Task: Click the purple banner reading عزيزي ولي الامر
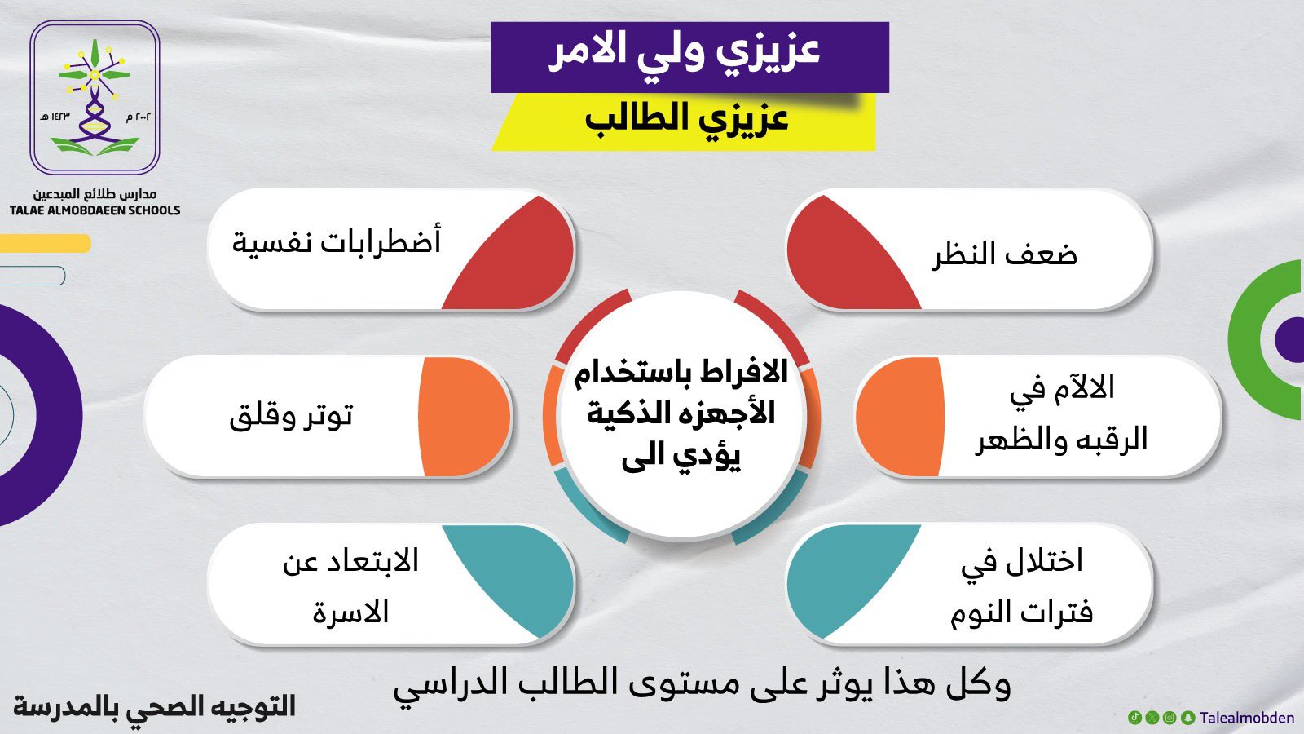(x=689, y=57)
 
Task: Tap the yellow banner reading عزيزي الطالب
(x=684, y=122)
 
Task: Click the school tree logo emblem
(x=95, y=97)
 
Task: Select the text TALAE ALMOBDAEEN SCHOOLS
(x=95, y=210)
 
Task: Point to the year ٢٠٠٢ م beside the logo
(x=139, y=117)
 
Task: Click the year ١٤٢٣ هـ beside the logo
(x=55, y=117)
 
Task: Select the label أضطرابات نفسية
(x=337, y=241)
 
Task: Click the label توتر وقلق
(x=290, y=417)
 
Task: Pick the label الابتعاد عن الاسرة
(x=350, y=586)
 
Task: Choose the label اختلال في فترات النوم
(x=1022, y=588)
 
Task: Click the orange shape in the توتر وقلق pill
(x=464, y=417)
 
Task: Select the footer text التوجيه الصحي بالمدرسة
(x=154, y=706)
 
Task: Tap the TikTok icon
(x=1134, y=718)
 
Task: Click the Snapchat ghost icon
(x=1188, y=718)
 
